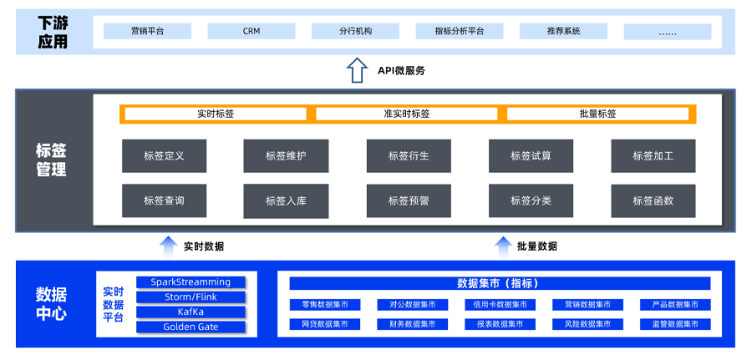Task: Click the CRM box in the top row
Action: [252, 31]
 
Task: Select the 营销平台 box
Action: [147, 31]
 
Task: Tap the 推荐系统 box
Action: [563, 31]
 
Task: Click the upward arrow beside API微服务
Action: [357, 69]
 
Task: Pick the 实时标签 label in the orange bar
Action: [216, 114]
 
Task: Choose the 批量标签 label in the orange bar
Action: [597, 114]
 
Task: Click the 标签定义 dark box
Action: [164, 155]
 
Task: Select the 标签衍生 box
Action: [409, 155]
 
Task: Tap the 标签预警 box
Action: [409, 200]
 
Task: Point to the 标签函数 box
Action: [653, 200]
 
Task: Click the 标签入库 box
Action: [286, 200]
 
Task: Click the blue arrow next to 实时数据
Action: [168, 246]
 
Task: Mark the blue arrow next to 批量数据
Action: [502, 246]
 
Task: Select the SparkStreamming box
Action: [191, 282]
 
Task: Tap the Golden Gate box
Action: [191, 327]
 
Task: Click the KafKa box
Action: [191, 312]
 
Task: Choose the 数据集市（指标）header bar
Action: [500, 283]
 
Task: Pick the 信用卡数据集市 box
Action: [500, 305]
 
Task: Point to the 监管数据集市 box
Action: [675, 324]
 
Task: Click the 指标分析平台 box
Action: [459, 31]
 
